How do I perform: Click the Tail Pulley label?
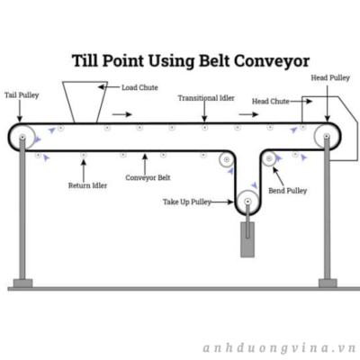[x=22, y=95]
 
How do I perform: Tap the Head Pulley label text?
[x=330, y=78]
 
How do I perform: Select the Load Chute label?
[x=139, y=87]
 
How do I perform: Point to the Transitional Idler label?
[x=206, y=98]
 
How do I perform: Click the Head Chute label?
[x=271, y=102]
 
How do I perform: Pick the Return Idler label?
[x=87, y=185]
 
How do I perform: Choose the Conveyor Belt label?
[x=148, y=178]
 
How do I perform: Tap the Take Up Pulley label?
[x=187, y=202]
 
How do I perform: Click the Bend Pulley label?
[x=288, y=191]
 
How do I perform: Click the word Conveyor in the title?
[x=272, y=61]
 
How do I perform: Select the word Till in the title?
[x=85, y=60]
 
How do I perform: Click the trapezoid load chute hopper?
[x=85, y=102]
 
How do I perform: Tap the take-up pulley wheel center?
[x=247, y=202]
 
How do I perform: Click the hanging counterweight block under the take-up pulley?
[x=247, y=239]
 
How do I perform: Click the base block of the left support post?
[x=22, y=283]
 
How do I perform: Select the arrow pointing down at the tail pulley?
[x=20, y=111]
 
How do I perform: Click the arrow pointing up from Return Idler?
[x=84, y=170]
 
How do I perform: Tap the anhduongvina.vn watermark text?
[x=279, y=348]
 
